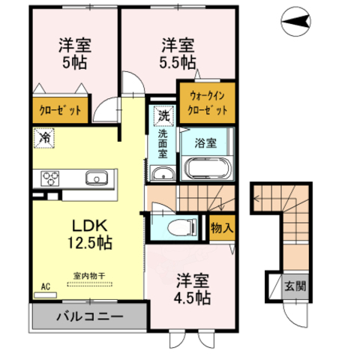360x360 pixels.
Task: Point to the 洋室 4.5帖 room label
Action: (192, 288)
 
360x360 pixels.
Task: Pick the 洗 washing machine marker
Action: (163, 116)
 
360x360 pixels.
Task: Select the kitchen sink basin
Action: (97, 178)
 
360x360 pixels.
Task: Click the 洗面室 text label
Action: (162, 145)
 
